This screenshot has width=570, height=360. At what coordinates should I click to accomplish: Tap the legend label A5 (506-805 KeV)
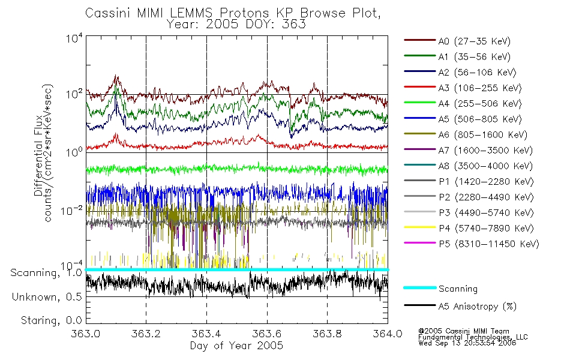pos(480,119)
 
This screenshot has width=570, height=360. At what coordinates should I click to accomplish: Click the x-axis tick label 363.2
pos(146,334)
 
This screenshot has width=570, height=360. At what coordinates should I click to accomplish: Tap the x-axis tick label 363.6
pos(267,334)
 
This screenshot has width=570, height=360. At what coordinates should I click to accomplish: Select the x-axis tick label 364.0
pos(388,334)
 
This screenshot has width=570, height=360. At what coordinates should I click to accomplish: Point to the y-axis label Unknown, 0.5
pos(47,297)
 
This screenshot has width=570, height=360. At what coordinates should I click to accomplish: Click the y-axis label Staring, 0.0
pos(51,320)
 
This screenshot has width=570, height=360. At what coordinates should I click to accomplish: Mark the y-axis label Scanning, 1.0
pos(46,273)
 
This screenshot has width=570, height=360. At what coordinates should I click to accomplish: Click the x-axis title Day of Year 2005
pos(236,346)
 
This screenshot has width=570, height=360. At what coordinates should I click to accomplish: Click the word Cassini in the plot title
pos(109,13)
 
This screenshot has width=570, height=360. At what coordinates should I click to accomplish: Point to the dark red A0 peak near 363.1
pos(116,76)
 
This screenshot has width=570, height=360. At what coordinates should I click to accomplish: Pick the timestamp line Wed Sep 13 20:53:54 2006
pos(467,343)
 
